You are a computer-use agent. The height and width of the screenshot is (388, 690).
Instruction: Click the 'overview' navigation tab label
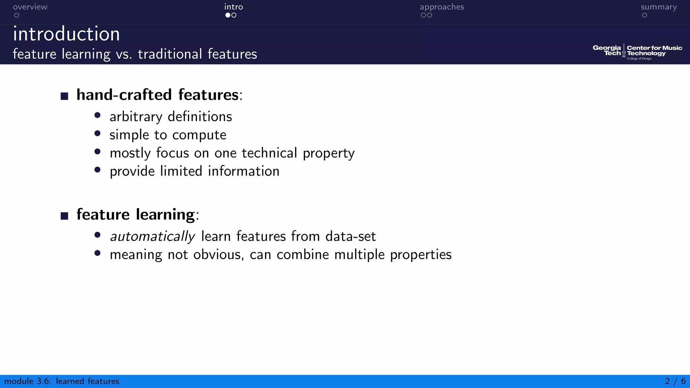[x=30, y=7]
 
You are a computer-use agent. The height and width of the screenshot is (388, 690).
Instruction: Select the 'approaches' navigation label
[x=442, y=7]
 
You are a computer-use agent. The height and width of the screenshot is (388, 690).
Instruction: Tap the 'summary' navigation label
[x=658, y=7]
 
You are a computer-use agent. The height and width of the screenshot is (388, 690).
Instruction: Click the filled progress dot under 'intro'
[x=228, y=15]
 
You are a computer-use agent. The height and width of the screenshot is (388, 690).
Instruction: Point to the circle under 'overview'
[x=17, y=15]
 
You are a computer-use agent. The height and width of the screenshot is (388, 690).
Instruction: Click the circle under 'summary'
[x=645, y=15]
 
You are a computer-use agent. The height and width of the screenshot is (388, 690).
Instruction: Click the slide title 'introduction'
[x=66, y=34]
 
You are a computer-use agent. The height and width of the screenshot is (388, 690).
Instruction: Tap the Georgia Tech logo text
[x=607, y=51]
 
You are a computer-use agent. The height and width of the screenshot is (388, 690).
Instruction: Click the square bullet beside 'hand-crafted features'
[x=64, y=96]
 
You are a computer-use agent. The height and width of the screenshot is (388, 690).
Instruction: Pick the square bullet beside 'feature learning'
[x=64, y=216]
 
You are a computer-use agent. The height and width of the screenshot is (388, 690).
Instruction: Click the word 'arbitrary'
[x=136, y=117]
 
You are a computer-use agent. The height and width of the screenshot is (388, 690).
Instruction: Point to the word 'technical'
[x=270, y=153]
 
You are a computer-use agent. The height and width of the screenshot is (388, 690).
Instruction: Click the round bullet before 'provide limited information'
[x=98, y=170]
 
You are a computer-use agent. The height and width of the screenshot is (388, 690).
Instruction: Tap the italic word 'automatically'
[x=153, y=236]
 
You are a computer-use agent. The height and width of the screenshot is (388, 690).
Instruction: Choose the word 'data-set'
[x=350, y=236]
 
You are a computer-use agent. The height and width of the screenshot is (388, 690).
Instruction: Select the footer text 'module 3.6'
[x=28, y=381]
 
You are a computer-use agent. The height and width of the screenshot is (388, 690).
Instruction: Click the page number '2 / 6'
[x=675, y=381]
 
